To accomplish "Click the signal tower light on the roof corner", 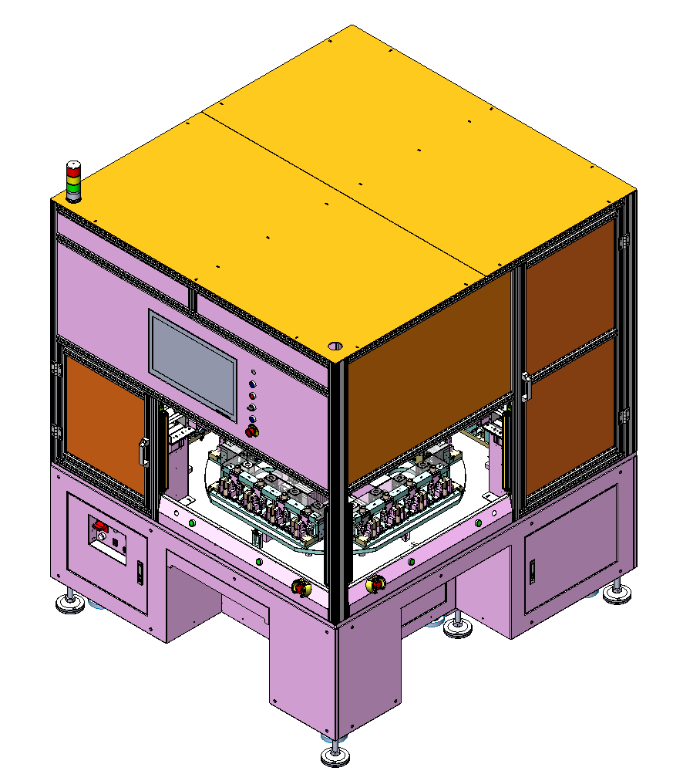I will click(73, 181).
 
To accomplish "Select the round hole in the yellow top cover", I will click(335, 347).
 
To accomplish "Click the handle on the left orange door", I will click(143, 452).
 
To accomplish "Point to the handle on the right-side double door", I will click(526, 387).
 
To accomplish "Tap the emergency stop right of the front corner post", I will click(376, 584).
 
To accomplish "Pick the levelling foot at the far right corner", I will click(616, 593).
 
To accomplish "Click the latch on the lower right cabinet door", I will click(532, 570).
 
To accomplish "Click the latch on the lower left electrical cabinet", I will click(140, 573).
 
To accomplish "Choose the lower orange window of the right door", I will click(570, 416).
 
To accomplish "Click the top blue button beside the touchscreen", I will click(253, 384).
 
